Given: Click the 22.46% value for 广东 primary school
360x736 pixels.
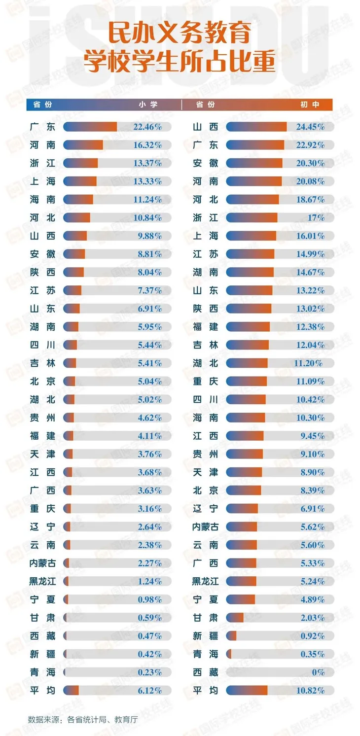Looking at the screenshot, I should click(x=147, y=127).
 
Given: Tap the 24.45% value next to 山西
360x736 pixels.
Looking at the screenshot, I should click(x=310, y=127).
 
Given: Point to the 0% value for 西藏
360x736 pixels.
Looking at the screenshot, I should click(x=318, y=672).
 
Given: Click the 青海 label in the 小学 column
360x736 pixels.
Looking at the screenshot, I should click(x=42, y=672).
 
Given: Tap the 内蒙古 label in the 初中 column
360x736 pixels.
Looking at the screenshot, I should click(x=205, y=527).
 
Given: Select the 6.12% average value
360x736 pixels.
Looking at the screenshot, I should click(x=149, y=691).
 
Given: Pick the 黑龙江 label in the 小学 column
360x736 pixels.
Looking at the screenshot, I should click(x=42, y=582).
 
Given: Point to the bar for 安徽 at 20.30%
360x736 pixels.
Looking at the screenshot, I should click(x=254, y=163).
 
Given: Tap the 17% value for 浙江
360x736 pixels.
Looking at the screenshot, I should click(x=316, y=217).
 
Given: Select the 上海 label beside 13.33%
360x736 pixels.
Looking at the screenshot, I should click(x=42, y=181).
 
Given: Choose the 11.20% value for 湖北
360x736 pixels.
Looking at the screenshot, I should click(x=309, y=363).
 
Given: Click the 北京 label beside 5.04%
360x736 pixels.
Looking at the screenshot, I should click(x=42, y=382).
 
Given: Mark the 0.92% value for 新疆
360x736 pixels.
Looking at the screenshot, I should click(x=312, y=636).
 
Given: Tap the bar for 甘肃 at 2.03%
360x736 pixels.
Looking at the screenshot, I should click(x=235, y=618).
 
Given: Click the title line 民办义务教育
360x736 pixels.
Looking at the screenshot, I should click(x=180, y=34).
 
